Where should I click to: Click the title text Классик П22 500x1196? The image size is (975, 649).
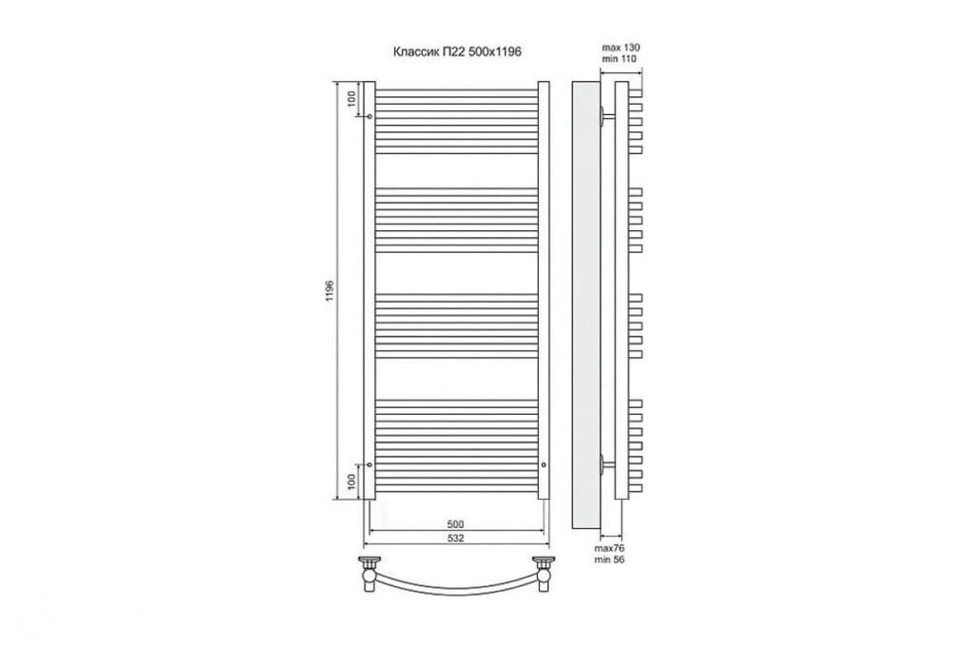[457, 52]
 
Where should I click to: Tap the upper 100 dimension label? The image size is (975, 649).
[352, 99]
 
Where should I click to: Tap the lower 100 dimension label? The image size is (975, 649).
[352, 482]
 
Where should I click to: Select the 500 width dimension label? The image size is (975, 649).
[456, 524]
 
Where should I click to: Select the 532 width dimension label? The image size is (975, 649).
[456, 539]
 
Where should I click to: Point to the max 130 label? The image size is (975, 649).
[621, 48]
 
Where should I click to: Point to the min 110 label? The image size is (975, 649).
[619, 58]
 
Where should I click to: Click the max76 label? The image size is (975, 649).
[608, 548]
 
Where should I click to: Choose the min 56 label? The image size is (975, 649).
[608, 560]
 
